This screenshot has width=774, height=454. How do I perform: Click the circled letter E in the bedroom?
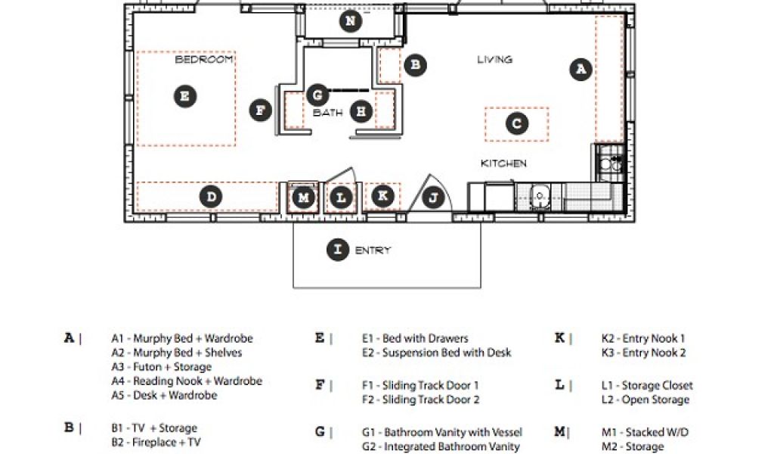point(184,96)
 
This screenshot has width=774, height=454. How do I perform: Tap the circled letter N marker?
point(349,21)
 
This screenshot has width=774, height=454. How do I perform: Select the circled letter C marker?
point(516,123)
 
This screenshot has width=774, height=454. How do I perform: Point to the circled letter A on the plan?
point(580,69)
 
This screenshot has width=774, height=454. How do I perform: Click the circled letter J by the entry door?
point(433,198)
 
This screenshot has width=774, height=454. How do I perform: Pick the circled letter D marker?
point(211,197)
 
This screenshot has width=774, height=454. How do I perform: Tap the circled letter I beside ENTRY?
point(337,250)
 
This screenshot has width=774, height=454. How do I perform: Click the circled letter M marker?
point(303,198)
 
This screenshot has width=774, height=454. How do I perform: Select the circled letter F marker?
point(261,110)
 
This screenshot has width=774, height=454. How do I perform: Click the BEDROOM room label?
point(204,59)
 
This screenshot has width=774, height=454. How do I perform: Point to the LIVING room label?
point(494,59)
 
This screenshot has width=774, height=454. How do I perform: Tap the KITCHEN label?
point(504,163)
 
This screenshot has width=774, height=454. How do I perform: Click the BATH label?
point(327,113)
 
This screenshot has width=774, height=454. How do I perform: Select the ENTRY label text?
point(373,250)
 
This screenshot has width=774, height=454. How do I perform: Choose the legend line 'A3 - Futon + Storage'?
point(161,367)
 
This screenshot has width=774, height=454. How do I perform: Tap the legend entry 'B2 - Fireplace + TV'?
point(156,442)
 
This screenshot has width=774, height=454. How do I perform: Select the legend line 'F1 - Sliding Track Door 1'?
point(420,385)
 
